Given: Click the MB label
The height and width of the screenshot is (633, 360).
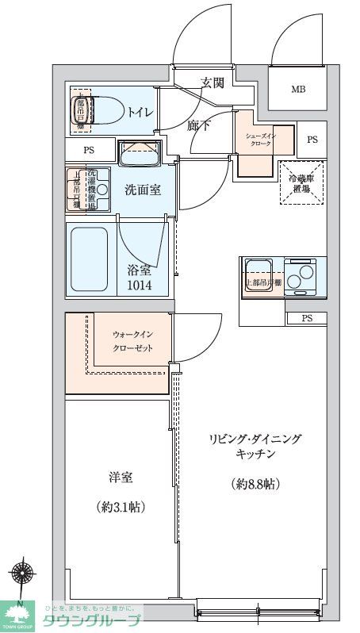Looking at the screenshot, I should (297, 89).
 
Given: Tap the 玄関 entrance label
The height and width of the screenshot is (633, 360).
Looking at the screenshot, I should (212, 82).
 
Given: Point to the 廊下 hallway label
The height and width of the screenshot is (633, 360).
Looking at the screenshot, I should (198, 125).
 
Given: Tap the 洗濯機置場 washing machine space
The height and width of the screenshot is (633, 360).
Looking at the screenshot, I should (82, 190).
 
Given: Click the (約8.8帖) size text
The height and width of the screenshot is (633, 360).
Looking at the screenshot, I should (255, 484).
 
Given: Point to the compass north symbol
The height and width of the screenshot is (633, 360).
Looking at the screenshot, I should (21, 574).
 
